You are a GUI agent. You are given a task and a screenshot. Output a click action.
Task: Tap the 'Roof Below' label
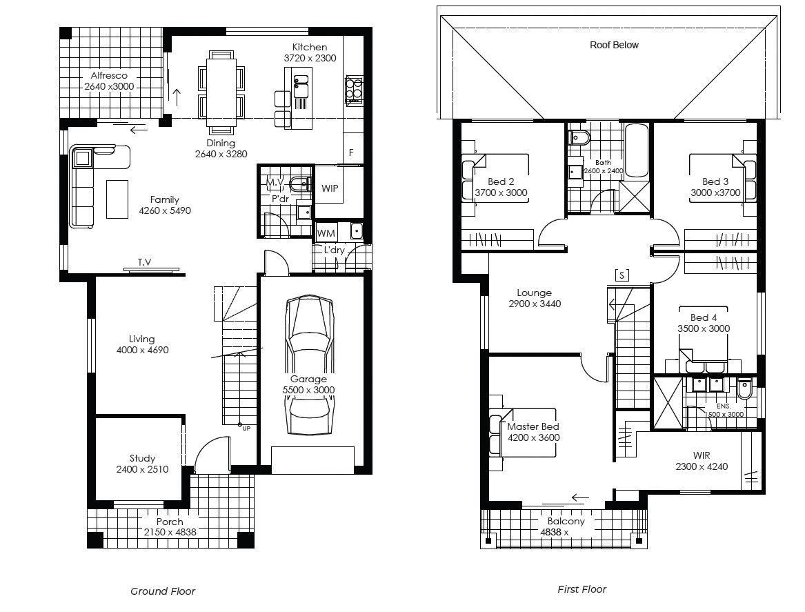click(614, 45)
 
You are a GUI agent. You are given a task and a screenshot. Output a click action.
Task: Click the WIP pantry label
click(330, 188)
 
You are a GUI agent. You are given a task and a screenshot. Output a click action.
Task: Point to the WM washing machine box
click(326, 234)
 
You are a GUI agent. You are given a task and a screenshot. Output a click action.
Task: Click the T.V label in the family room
click(144, 262)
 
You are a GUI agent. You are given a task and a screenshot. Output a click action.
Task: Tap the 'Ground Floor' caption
click(163, 591)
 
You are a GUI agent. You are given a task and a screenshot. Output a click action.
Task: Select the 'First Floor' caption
click(582, 589)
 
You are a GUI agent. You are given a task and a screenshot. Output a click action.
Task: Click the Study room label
click(142, 458)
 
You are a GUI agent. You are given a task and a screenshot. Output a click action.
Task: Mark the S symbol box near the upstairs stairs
click(622, 275)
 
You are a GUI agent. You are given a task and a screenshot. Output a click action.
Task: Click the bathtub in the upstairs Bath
click(636, 150)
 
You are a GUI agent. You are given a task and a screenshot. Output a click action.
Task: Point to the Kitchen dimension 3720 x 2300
click(310, 59)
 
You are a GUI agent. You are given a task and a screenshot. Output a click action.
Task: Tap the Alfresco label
click(109, 76)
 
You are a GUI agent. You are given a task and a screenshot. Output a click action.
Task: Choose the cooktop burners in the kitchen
click(353, 88)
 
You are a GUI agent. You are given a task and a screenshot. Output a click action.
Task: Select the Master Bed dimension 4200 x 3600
click(533, 437)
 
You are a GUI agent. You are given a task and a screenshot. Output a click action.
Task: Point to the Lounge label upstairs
click(534, 293)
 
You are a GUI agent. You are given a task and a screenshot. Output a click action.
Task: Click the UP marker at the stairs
click(246, 428)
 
